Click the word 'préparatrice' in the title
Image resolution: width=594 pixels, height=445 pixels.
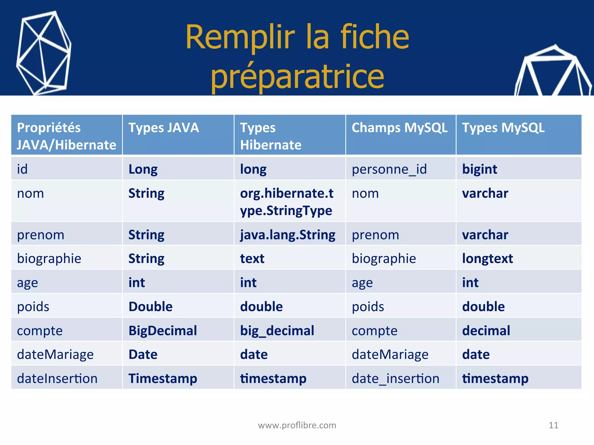click(x=297, y=77)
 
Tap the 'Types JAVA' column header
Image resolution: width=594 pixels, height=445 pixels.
click(x=164, y=128)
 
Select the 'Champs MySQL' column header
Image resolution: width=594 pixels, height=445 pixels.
click(x=400, y=128)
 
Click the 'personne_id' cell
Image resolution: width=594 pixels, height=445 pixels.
click(x=389, y=169)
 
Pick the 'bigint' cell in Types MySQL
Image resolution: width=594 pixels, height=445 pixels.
click(x=479, y=169)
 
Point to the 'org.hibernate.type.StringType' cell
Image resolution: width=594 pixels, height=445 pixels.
click(x=287, y=202)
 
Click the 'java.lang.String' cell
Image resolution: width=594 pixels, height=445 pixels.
click(x=288, y=235)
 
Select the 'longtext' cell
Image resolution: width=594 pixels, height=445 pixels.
click(x=487, y=258)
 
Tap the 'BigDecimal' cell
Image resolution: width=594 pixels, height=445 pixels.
click(x=163, y=331)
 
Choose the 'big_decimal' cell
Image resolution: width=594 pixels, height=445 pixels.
click(x=277, y=331)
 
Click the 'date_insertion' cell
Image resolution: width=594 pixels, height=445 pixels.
click(x=395, y=378)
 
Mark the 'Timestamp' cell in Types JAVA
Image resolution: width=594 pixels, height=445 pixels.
click(x=163, y=378)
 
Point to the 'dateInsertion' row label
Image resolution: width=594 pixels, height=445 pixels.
click(x=57, y=378)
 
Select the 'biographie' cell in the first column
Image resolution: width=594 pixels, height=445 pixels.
click(x=49, y=258)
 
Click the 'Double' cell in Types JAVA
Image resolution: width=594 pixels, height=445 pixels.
click(x=151, y=307)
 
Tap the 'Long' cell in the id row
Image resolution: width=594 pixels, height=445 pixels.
click(x=143, y=169)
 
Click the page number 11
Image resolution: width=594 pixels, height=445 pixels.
click(x=553, y=425)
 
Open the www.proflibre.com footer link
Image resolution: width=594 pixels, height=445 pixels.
click(x=297, y=425)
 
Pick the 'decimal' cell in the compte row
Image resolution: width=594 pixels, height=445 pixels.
click(x=486, y=331)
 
